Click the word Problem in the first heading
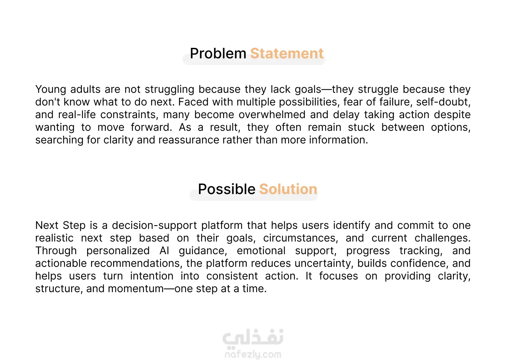pyautogui.click(x=218, y=53)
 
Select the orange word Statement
pyautogui.click(x=287, y=53)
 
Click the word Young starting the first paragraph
pyautogui.click(x=51, y=90)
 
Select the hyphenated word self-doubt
pyautogui.click(x=443, y=102)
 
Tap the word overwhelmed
pyautogui.click(x=272, y=115)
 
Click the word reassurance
pyautogui.click(x=189, y=140)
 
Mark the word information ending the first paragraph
pyautogui.click(x=338, y=140)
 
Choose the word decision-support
pyautogui.click(x=155, y=226)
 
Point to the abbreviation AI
pyautogui.click(x=164, y=251)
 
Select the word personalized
pyautogui.click(x=118, y=251)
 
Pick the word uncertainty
pyautogui.click(x=324, y=264)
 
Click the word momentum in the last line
pyautogui.click(x=136, y=289)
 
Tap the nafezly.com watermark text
pyautogui.click(x=253, y=354)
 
